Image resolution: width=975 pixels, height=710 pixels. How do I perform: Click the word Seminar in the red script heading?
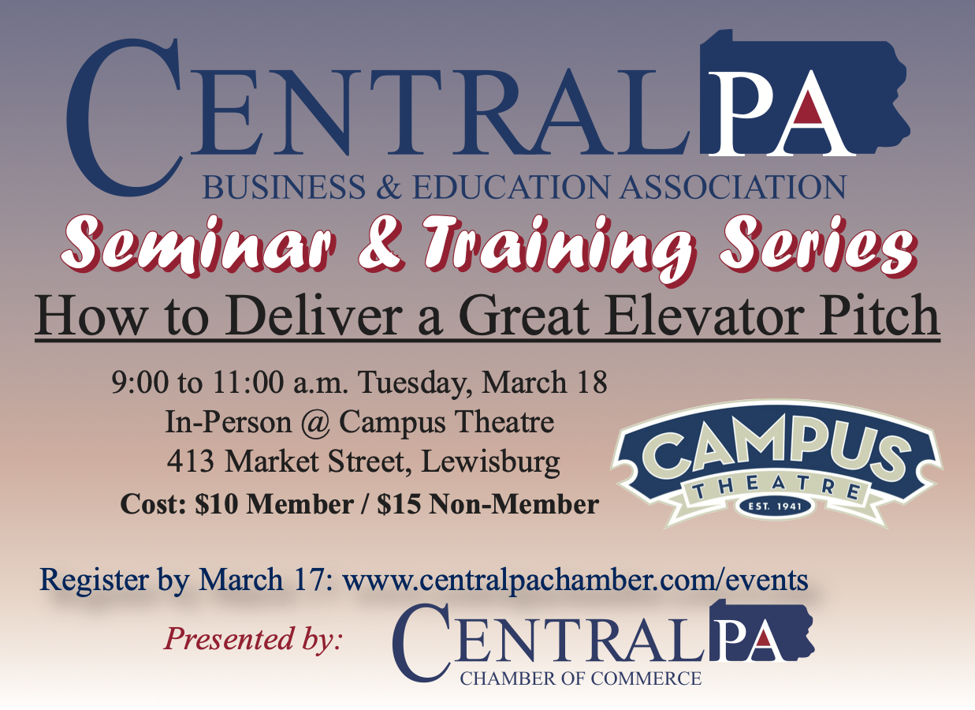tap(199, 246)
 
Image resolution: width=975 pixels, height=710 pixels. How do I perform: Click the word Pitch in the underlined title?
tap(879, 315)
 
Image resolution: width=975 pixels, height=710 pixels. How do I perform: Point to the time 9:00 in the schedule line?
tap(140, 383)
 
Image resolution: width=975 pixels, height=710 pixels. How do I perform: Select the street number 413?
tap(190, 461)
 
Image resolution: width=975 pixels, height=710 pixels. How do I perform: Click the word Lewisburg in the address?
tap(490, 462)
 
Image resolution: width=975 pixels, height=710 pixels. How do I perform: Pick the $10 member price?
tap(216, 504)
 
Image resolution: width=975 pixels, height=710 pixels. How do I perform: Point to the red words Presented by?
tap(253, 641)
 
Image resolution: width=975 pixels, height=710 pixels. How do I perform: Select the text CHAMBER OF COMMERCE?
tap(580, 678)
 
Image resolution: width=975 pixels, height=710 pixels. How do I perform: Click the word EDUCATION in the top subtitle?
tap(511, 186)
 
